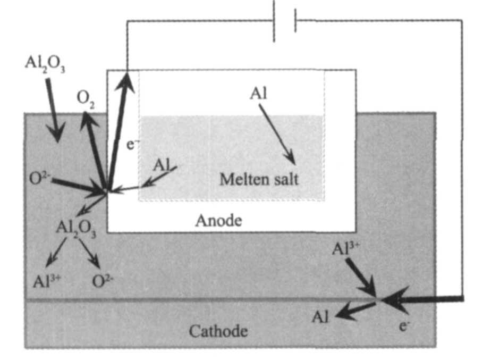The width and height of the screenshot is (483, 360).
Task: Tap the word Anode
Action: (x=218, y=220)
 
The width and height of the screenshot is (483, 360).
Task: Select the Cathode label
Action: (x=218, y=332)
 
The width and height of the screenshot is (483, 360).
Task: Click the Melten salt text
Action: (x=259, y=179)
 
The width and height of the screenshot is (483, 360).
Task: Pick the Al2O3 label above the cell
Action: (x=45, y=64)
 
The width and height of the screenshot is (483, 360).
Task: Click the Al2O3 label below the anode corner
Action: (x=76, y=229)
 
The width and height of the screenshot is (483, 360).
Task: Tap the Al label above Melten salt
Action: (x=258, y=95)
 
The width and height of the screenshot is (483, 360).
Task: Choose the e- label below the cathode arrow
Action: (x=405, y=324)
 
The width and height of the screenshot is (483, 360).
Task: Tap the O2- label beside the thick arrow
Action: (x=40, y=177)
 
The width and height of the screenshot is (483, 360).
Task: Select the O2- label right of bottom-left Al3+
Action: (x=104, y=281)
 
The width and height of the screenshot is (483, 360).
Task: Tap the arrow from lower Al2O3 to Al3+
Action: (x=56, y=252)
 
